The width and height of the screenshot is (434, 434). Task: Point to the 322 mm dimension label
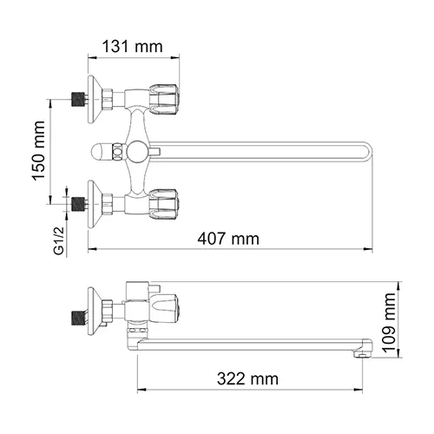(x=248, y=378)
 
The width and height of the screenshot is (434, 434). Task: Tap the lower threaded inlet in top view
(x=79, y=206)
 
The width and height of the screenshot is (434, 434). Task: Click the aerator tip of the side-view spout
(x=361, y=351)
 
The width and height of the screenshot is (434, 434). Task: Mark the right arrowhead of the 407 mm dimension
(x=371, y=250)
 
